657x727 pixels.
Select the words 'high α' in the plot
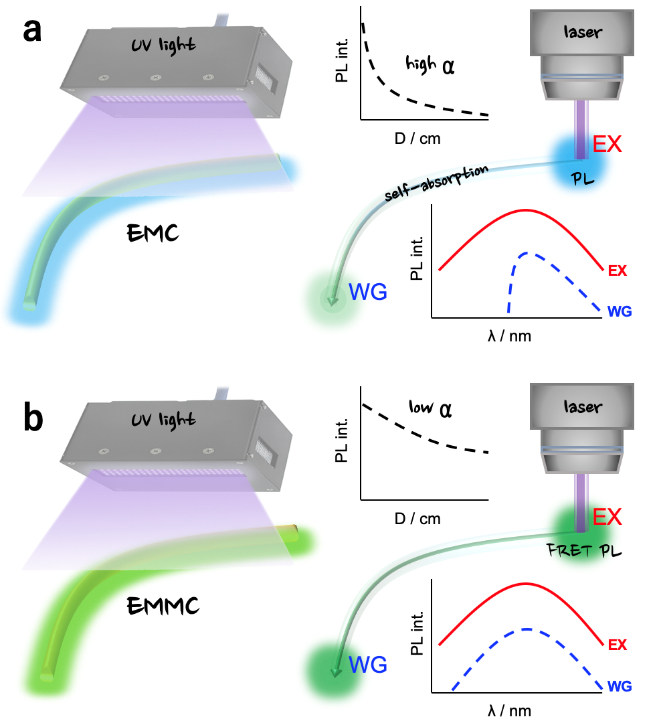429,66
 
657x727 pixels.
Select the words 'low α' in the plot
429,408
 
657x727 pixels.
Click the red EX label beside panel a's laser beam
607,144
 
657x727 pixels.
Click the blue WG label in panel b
368,665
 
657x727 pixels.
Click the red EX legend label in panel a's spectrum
618,271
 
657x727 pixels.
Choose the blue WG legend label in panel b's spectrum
620,686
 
